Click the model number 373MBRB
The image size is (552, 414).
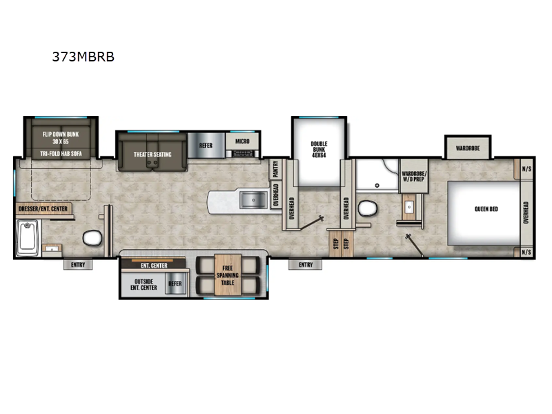83,57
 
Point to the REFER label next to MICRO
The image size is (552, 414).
206,146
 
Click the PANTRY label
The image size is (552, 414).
275,169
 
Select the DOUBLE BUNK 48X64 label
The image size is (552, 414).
319,148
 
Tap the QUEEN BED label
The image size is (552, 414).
486,209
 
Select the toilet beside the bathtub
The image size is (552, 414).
92,239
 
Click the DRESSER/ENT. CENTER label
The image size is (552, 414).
43,208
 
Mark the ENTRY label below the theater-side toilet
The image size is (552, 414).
77,264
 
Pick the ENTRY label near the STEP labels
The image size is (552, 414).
306,264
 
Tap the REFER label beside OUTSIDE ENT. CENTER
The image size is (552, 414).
175,283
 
